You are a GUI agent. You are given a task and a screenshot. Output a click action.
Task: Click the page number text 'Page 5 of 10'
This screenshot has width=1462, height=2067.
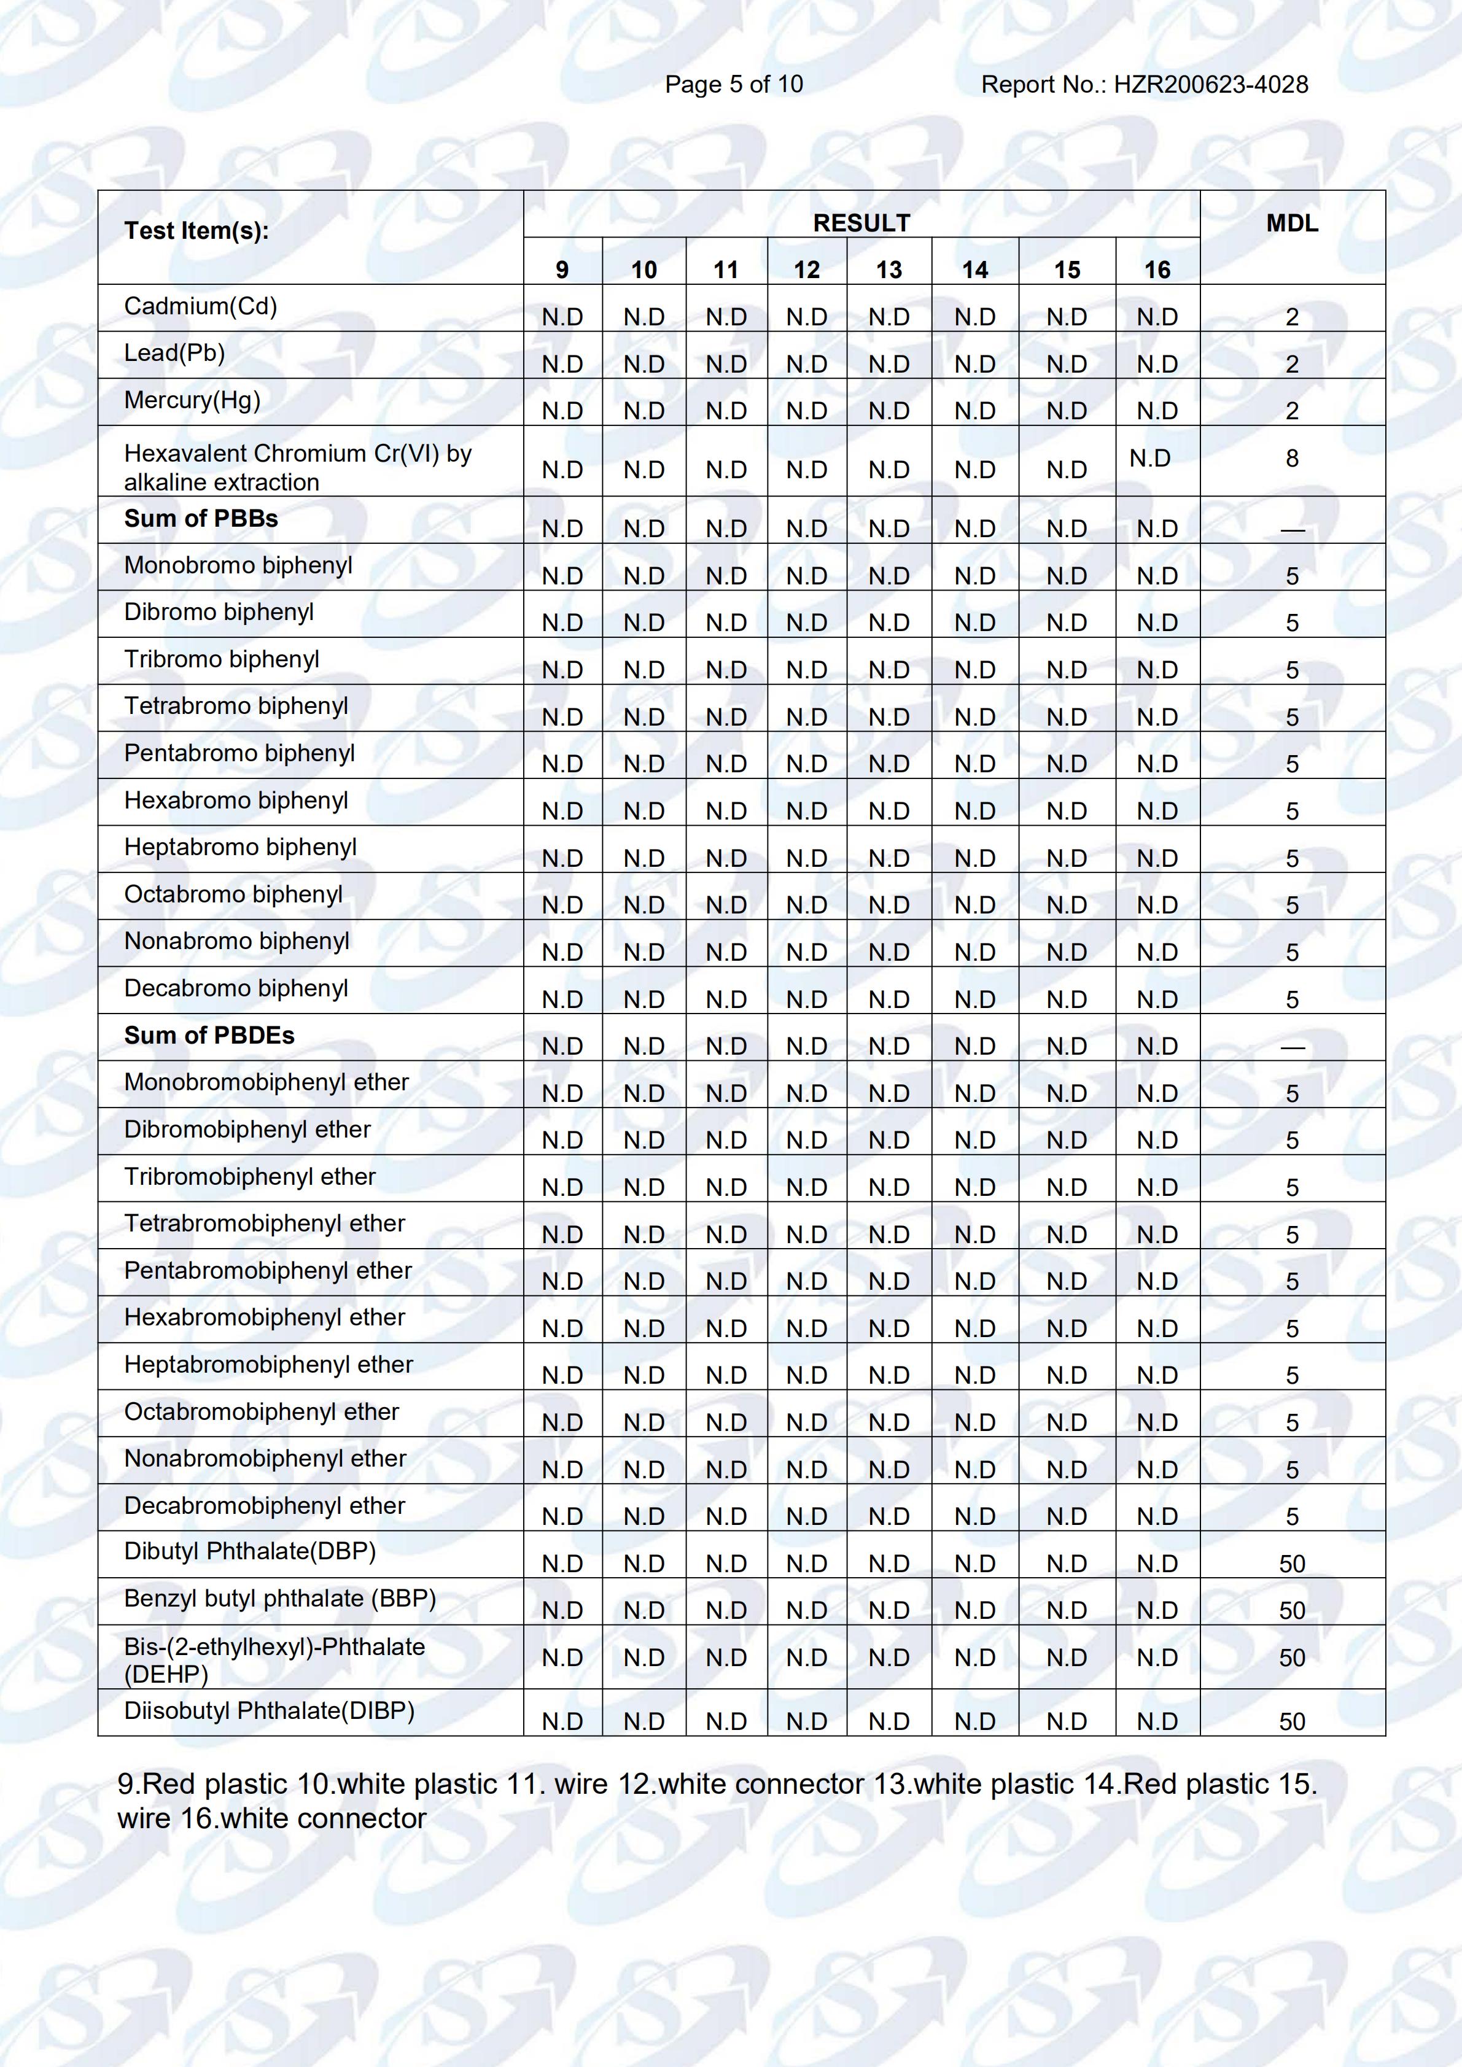pos(734,85)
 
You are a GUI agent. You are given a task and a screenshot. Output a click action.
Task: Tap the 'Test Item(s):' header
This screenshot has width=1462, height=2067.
pos(196,230)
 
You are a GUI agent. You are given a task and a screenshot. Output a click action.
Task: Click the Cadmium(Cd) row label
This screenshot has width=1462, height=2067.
pos(201,306)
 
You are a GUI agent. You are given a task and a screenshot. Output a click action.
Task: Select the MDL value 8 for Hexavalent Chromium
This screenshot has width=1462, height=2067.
pos(1292,458)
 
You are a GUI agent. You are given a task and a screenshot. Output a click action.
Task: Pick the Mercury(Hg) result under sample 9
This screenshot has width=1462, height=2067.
pos(562,411)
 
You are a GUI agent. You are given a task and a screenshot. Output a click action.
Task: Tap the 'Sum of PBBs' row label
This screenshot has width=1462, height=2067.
pos(201,519)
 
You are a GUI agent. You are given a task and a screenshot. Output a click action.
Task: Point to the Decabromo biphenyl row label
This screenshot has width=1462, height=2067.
pos(236,988)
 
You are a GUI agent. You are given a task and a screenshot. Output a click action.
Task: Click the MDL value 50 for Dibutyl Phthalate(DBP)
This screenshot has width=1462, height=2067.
pos(1292,1564)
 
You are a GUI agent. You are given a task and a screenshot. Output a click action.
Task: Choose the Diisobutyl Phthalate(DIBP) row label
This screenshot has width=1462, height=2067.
pos(269,1710)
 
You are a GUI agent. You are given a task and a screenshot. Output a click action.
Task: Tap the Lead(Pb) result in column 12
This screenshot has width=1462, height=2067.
pos(807,363)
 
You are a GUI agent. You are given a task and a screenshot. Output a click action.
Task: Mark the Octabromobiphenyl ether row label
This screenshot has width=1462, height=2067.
pos(261,1411)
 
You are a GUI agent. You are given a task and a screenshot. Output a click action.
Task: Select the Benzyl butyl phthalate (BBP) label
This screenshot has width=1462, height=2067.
pos(280,1599)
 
